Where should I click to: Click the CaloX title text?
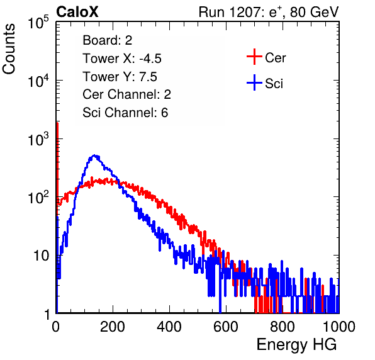pyautogui.click(x=77, y=12)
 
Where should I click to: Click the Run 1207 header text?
pyautogui.click(x=269, y=12)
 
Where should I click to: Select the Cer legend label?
pyautogui.click(x=275, y=58)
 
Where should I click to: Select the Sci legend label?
pyautogui.click(x=274, y=84)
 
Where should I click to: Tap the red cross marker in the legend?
pyautogui.click(x=254, y=57)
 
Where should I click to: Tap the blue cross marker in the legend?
pyautogui.click(x=254, y=82)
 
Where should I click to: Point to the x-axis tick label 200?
pyautogui.click(x=113, y=327)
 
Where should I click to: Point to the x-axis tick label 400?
pyautogui.click(x=169, y=327)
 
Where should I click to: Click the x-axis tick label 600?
pyautogui.click(x=226, y=327)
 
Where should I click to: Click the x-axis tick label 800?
pyautogui.click(x=283, y=327)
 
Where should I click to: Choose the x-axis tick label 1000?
pyautogui.click(x=339, y=327)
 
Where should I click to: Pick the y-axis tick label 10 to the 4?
pyautogui.click(x=38, y=81)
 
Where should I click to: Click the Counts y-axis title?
pyautogui.click(x=9, y=49)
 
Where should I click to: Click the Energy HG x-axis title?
pyautogui.click(x=296, y=344)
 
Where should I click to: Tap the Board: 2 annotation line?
pyautogui.click(x=108, y=40)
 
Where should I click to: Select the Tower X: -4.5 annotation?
pyautogui.click(x=122, y=59)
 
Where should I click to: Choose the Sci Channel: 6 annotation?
pyautogui.click(x=125, y=113)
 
